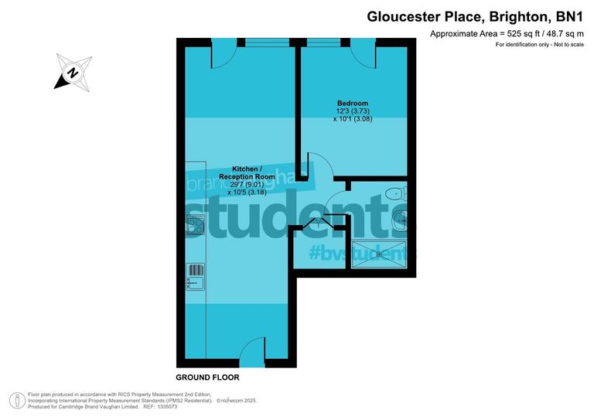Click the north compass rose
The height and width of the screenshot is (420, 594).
[71, 73]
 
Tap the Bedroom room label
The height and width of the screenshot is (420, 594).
[352, 104]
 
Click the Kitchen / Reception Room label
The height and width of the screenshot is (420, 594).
[246, 172]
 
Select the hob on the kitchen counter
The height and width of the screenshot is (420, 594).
[195, 227]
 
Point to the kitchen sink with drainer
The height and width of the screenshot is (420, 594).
[196, 276]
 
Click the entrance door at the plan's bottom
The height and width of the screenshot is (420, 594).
[252, 354]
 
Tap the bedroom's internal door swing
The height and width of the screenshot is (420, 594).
[318, 168]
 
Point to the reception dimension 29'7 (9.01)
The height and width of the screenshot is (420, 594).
[246, 184]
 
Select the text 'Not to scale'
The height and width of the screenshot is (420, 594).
[565, 45]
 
